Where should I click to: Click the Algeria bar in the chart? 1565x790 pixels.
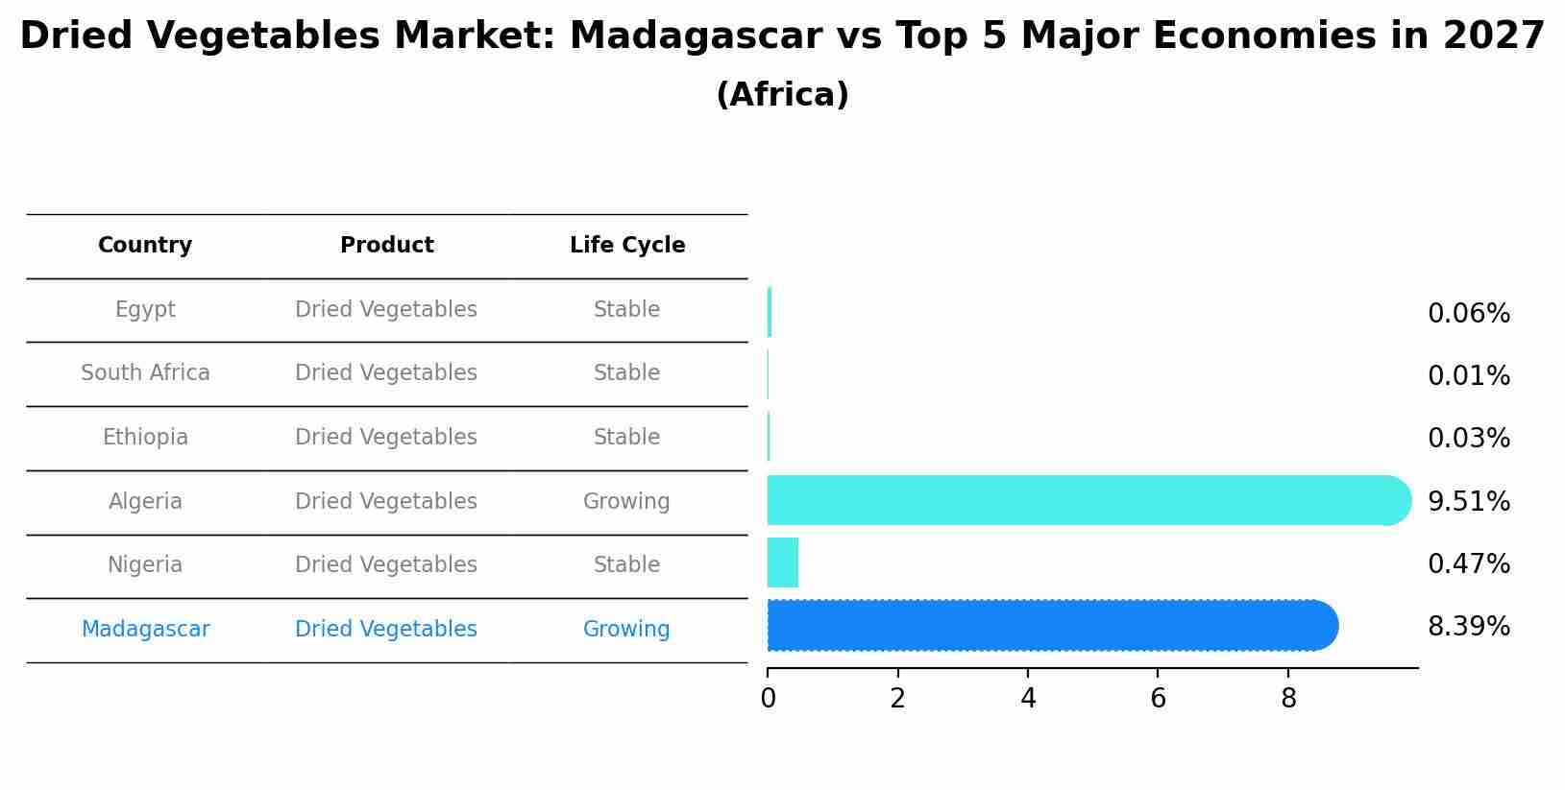coord(1086,500)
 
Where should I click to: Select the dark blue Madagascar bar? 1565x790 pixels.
coord(1052,626)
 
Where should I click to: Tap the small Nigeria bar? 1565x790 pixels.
coord(783,563)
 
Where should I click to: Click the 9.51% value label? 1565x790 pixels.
coord(1468,502)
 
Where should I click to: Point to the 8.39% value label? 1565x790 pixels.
coord(1468,627)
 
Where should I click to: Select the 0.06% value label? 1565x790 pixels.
coord(1468,314)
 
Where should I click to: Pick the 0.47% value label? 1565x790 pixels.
coord(1468,564)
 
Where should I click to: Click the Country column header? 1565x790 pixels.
coord(145,246)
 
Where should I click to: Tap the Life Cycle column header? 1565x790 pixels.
coord(627,246)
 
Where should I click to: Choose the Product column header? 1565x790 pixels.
coord(386,246)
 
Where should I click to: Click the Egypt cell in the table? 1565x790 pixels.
coord(145,310)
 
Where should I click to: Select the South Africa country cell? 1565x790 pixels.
coord(145,373)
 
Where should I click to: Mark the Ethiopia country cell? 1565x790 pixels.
coord(145,438)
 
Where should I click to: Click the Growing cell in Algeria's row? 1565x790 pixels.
coord(626,502)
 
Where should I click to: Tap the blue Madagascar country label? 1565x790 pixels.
coord(145,630)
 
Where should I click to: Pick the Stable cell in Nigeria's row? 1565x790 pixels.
coord(626,565)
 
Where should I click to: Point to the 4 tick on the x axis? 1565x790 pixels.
coord(1028,699)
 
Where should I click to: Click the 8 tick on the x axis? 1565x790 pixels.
coord(1288,699)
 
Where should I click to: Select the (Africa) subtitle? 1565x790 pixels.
coord(782,95)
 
